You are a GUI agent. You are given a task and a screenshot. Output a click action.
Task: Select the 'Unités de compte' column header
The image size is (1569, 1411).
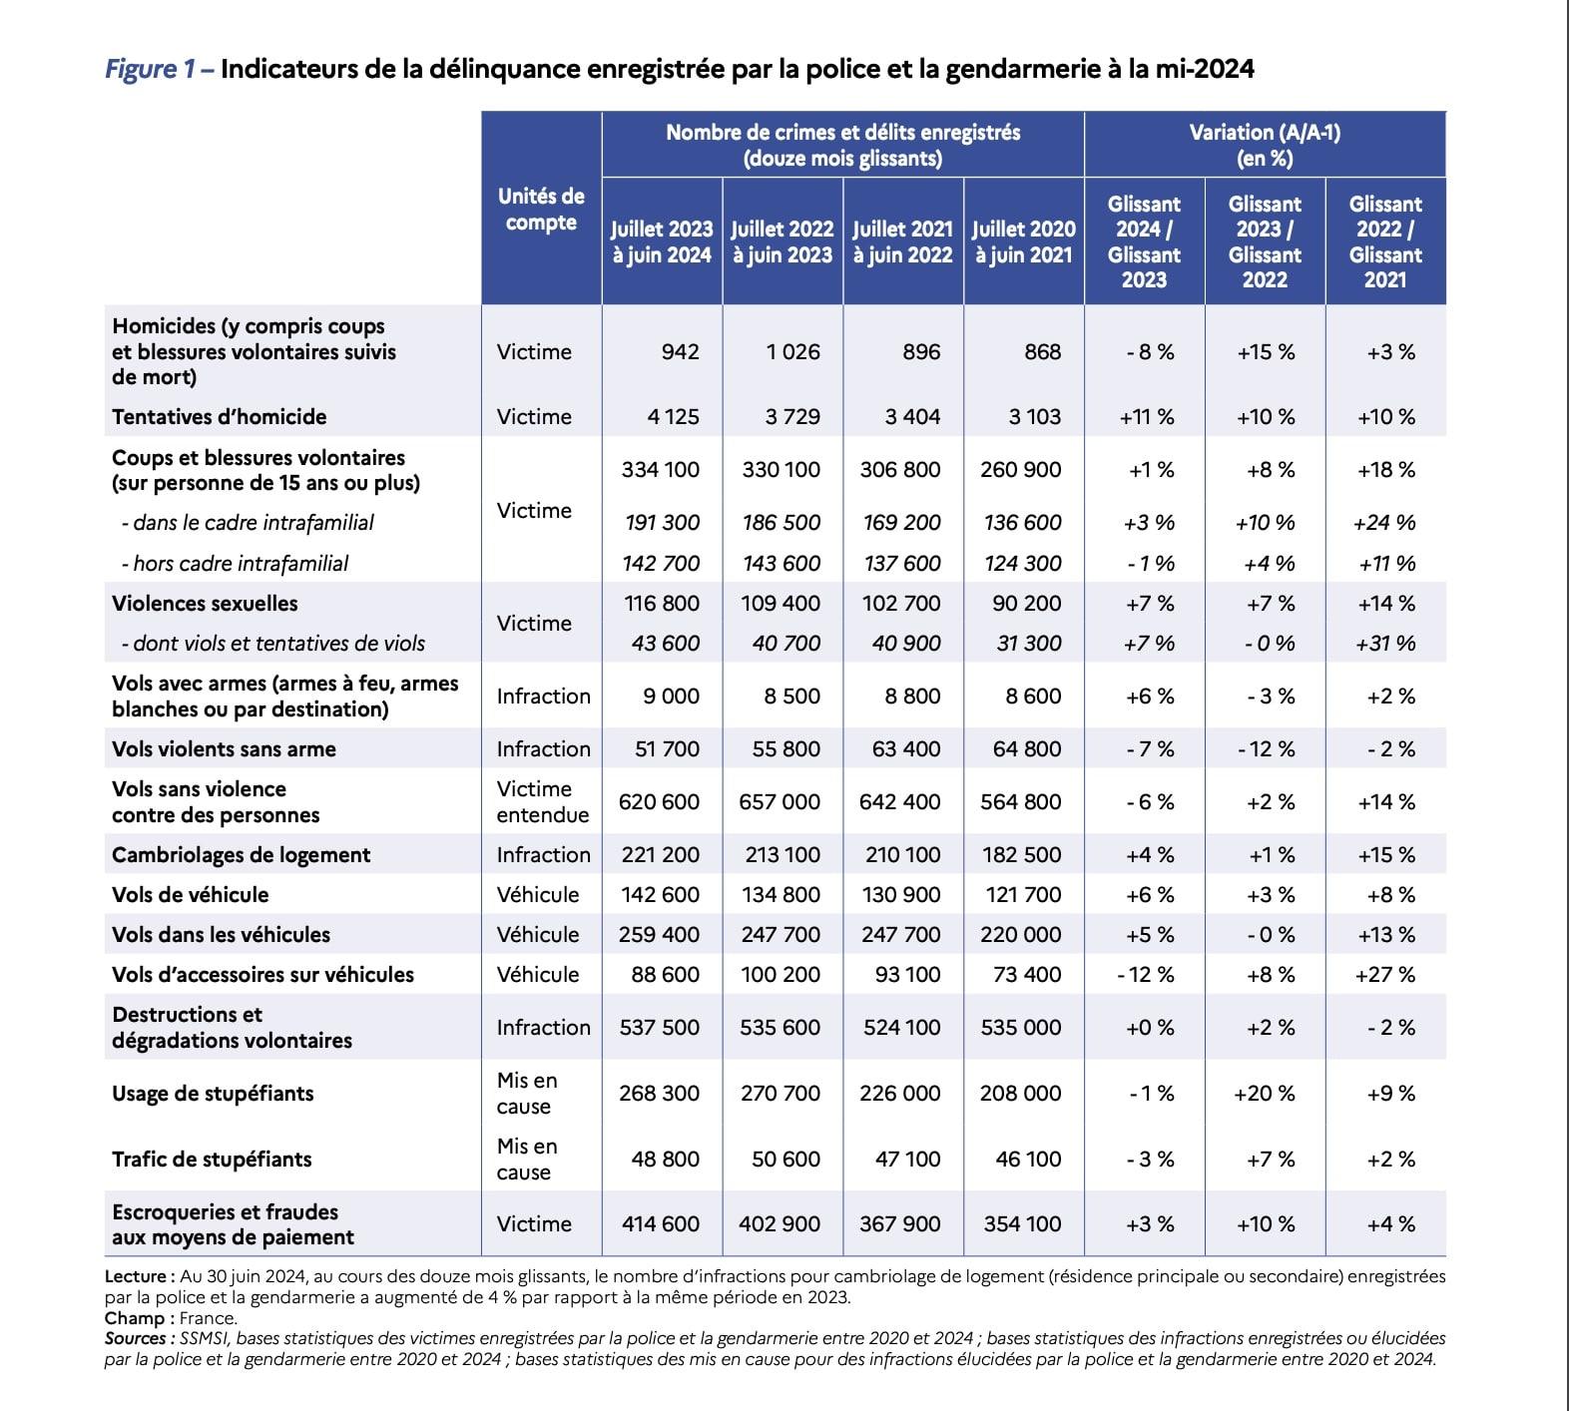(x=540, y=209)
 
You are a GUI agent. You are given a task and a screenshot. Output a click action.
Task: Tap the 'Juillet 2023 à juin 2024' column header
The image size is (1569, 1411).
(x=662, y=241)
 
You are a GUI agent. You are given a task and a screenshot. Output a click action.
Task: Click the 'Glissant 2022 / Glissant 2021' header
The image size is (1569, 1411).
(x=1385, y=241)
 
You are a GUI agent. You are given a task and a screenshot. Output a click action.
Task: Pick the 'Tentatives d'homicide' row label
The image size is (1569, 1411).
(x=220, y=416)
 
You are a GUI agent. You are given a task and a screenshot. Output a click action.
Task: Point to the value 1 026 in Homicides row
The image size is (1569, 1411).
(x=793, y=351)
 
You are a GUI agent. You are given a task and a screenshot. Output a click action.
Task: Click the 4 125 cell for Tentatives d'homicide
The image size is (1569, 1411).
(x=673, y=416)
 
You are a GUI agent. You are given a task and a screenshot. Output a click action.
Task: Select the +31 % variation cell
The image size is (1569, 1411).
(x=1385, y=644)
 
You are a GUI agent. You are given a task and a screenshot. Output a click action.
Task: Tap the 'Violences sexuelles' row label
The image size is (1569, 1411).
(x=205, y=604)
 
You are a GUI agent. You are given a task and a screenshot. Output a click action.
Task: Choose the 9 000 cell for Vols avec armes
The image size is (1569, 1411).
(x=671, y=697)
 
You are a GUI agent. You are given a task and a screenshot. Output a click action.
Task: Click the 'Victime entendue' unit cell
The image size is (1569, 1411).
(x=542, y=801)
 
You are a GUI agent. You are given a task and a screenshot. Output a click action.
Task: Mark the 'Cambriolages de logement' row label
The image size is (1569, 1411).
(x=241, y=855)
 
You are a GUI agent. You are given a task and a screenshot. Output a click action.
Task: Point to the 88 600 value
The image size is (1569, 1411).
(x=666, y=974)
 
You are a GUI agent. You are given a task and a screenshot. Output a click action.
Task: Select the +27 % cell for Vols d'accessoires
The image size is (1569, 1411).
(x=1385, y=974)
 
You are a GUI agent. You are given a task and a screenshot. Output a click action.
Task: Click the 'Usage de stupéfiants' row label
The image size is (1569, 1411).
(x=213, y=1094)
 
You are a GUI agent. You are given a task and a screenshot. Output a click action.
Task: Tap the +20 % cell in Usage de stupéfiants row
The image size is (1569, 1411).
(x=1265, y=1094)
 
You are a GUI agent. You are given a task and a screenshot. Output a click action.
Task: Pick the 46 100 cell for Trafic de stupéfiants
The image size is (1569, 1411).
(x=1028, y=1159)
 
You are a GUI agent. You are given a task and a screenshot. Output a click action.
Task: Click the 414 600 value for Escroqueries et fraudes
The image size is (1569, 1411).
(x=660, y=1223)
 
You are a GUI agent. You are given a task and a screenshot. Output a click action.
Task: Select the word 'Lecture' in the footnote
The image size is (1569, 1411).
(x=139, y=1276)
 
